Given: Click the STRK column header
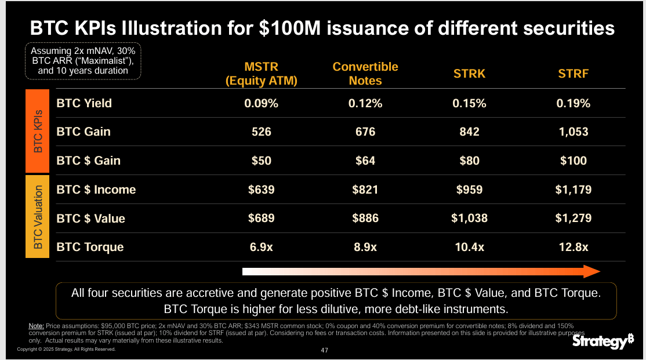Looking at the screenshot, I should click(x=469, y=74).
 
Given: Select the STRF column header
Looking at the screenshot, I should click(x=573, y=74).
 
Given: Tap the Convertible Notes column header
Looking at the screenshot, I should click(x=365, y=74).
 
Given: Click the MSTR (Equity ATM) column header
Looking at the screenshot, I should click(x=261, y=74).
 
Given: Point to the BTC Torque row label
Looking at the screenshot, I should click(x=90, y=247).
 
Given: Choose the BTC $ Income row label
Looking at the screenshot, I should click(x=96, y=190).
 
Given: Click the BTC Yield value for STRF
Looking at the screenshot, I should click(x=573, y=103).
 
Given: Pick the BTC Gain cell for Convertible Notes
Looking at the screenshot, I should click(x=365, y=132).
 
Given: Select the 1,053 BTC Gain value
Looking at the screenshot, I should click(x=573, y=132).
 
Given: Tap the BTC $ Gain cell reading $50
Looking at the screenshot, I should click(x=261, y=161).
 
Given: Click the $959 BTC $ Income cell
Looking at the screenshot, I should click(x=469, y=190).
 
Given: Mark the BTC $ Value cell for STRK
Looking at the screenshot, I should click(x=469, y=219).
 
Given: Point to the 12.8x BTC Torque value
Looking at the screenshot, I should click(x=573, y=247).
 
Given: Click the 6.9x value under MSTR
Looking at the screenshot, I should click(x=261, y=247).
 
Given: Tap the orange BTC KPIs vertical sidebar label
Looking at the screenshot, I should click(x=38, y=132).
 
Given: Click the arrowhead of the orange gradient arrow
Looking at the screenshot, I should click(x=591, y=271).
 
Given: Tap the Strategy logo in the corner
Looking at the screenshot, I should click(x=603, y=343).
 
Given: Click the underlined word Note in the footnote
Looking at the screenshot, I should click(x=36, y=326).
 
